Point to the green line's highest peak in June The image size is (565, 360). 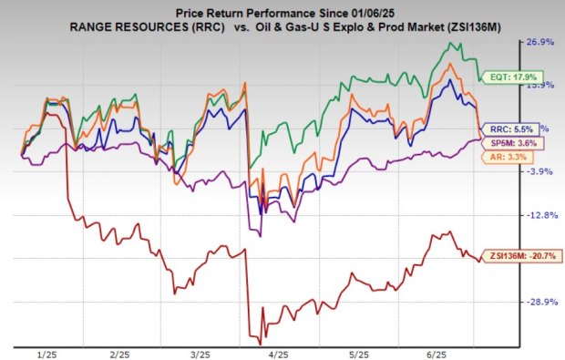pyautogui.click(x=449, y=43)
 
